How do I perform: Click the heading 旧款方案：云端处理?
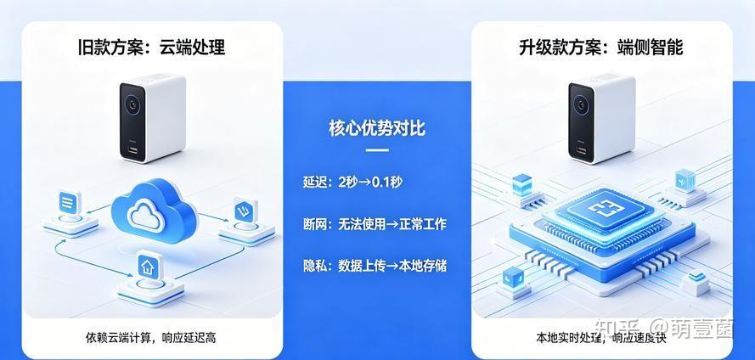click(x=151, y=48)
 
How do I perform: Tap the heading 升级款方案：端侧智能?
click(x=601, y=48)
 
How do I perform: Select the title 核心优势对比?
click(x=377, y=128)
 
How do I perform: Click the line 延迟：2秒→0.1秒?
click(x=352, y=182)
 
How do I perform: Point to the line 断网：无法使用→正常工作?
click(x=375, y=224)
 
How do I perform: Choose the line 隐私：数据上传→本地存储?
click(x=375, y=266)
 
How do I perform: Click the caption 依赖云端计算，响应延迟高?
click(x=150, y=337)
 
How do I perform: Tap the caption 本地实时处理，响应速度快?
click(x=601, y=337)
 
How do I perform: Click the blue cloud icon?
click(x=154, y=211)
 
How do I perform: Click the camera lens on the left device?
click(x=132, y=105)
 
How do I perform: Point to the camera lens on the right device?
click(x=581, y=105)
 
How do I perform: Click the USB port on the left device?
click(x=132, y=150)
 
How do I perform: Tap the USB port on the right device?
click(x=581, y=150)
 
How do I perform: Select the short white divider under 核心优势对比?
click(x=377, y=150)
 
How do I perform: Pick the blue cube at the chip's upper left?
click(x=522, y=185)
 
